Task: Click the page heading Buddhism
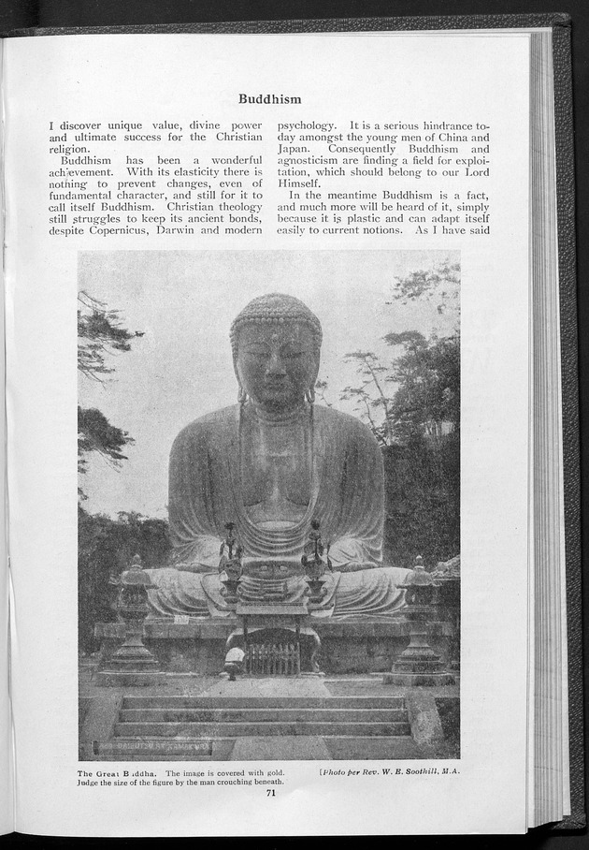click(x=269, y=98)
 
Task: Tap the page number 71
click(x=269, y=793)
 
